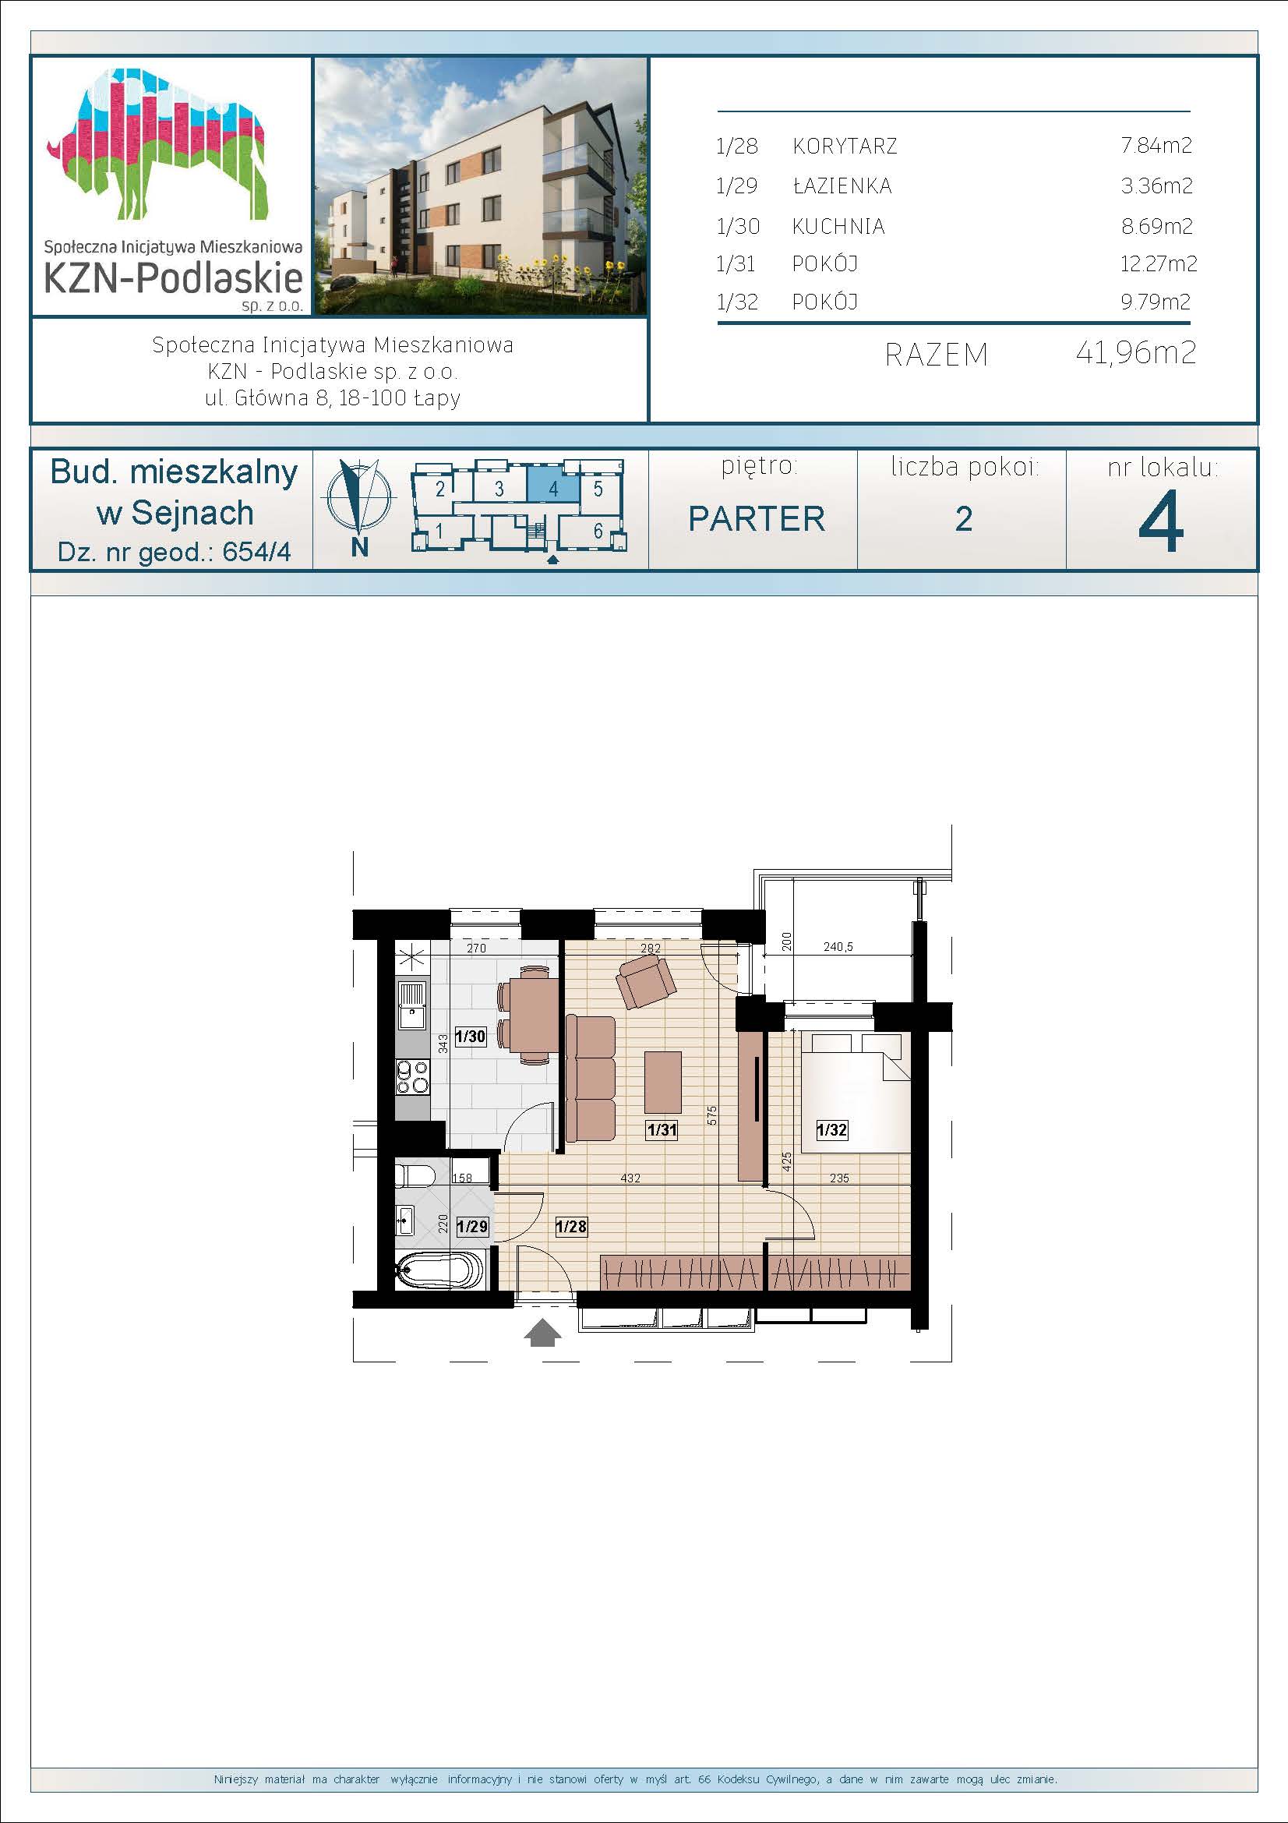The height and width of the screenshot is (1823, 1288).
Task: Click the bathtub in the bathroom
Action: [439, 1271]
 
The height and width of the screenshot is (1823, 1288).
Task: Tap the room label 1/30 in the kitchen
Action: [470, 1036]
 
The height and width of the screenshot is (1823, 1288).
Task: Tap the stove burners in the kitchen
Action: [412, 1076]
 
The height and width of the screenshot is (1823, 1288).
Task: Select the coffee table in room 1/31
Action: [662, 1082]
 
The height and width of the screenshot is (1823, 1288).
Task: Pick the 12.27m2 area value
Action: [1158, 263]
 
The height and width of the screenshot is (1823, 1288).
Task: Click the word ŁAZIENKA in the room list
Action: [842, 185]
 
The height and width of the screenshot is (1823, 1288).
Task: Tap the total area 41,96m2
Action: [1135, 352]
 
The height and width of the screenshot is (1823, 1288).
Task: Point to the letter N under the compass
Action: [359, 547]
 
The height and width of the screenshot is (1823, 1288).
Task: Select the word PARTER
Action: [757, 519]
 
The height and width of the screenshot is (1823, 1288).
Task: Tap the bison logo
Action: [157, 143]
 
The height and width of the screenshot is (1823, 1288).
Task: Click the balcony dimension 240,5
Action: [838, 946]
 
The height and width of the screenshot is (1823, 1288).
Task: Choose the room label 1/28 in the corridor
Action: [571, 1227]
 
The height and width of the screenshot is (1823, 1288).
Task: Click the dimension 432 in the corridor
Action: [630, 1178]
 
